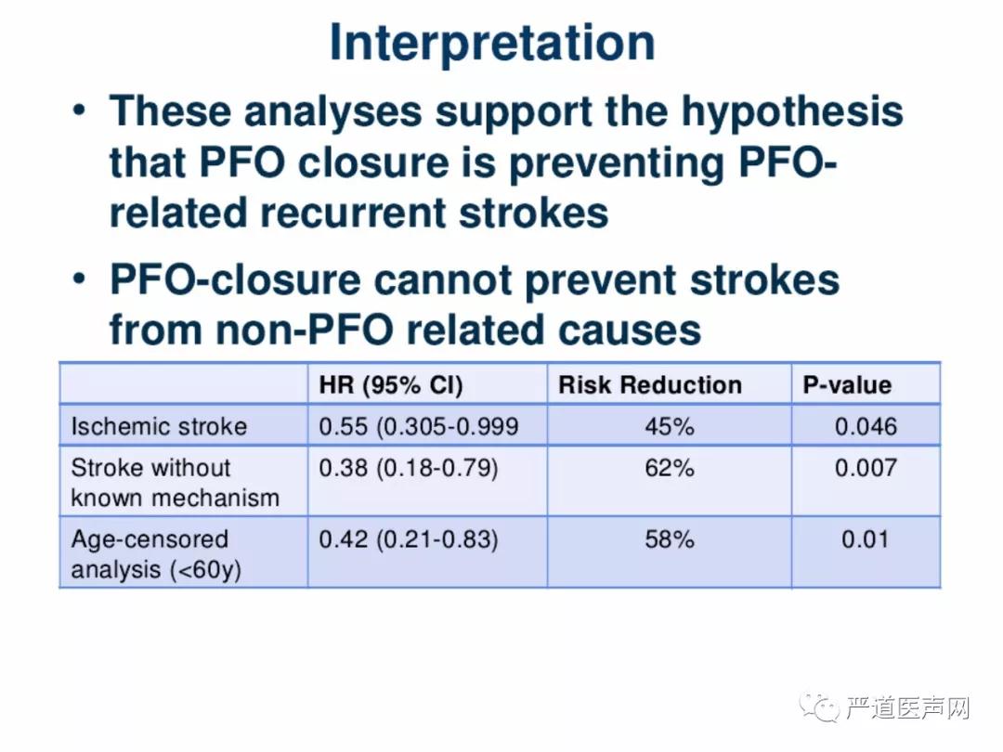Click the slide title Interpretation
click(492, 43)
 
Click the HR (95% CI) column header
click(391, 385)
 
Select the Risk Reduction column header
click(650, 385)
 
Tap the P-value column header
click(847, 385)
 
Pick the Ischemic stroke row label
click(160, 426)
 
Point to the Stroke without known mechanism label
click(176, 482)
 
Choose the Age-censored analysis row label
click(156, 553)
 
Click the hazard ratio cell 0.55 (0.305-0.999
click(418, 426)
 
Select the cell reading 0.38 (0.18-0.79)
click(408, 468)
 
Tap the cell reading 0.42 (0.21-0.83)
click(408, 539)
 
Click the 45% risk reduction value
click(669, 426)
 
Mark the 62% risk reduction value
click(669, 468)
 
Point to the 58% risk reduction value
click(669, 539)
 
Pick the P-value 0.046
click(866, 426)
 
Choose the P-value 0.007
click(866, 468)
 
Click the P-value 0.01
click(865, 539)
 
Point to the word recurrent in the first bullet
click(353, 213)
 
